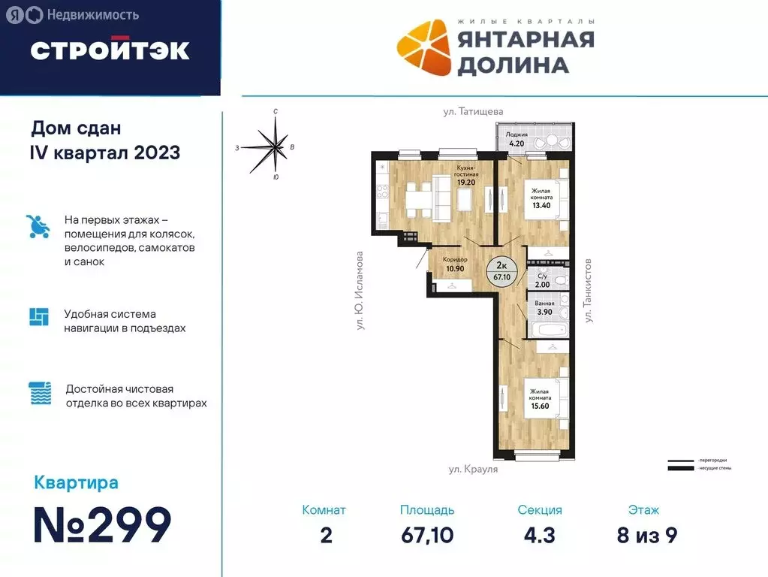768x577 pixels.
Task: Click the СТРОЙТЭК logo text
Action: [x=110, y=50]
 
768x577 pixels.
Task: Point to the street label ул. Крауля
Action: [x=473, y=469]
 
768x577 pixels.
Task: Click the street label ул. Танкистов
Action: [x=589, y=291]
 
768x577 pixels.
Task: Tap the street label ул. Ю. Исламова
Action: [x=360, y=291]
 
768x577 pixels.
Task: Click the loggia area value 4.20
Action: [x=517, y=143]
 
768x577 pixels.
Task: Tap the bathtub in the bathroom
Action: [x=547, y=331]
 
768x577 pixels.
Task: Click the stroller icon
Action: [x=38, y=226]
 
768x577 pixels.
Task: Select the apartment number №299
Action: [x=103, y=525]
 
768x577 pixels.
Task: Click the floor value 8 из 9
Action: [x=643, y=535]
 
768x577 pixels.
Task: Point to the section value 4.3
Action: [x=539, y=535]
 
